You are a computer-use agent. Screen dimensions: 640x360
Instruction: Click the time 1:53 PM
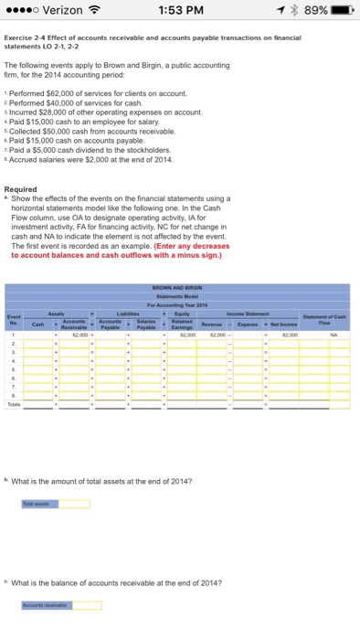pos(179,14)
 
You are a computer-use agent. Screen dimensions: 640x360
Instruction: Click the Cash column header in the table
pos(38,322)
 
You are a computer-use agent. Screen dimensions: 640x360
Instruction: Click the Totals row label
pos(12,401)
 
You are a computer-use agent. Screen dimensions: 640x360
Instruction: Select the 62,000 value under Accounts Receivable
pos(76,336)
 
